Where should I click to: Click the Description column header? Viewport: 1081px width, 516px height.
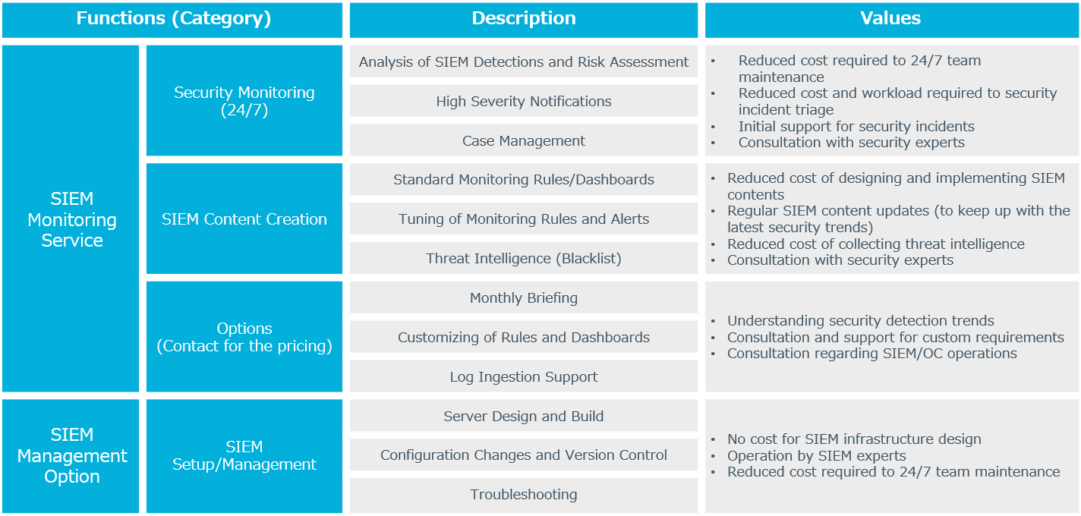[524, 20]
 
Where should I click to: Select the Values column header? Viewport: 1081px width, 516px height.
[892, 20]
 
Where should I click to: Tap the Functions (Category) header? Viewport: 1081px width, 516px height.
[172, 20]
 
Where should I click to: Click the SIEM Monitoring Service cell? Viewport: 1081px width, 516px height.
[71, 219]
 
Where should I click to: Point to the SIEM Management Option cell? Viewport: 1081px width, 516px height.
[71, 456]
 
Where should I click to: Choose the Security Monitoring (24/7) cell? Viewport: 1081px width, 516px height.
[244, 100]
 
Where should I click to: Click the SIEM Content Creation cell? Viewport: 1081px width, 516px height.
[244, 219]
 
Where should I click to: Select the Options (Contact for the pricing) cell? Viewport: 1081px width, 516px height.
[244, 337]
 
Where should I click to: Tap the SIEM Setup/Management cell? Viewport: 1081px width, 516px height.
[244, 456]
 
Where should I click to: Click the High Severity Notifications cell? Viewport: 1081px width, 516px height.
[524, 101]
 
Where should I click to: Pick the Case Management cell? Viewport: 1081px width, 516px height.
[524, 140]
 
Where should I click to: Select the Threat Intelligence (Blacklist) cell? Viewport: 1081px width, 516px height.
[524, 258]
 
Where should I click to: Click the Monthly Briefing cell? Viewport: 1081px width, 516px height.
[524, 297]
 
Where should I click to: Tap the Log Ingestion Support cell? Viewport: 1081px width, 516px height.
[524, 376]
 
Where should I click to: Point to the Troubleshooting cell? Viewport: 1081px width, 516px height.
[524, 495]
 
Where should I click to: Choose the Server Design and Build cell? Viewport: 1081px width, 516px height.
[524, 416]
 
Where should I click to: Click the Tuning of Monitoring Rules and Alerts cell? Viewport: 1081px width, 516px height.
[524, 219]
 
